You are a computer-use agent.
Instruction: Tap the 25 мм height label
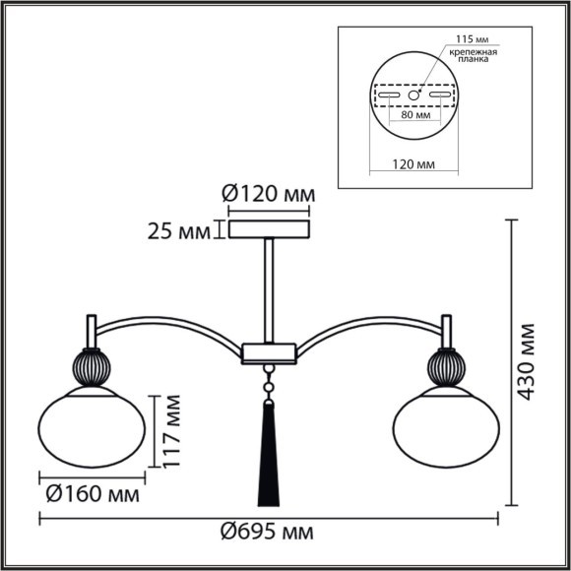click(178, 231)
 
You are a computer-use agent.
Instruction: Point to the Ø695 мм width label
click(268, 533)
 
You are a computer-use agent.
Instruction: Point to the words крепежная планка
click(475, 57)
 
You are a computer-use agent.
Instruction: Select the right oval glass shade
click(443, 425)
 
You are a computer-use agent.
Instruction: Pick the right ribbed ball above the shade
click(443, 366)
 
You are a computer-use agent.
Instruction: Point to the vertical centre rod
click(269, 290)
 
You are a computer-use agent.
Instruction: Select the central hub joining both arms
click(269, 350)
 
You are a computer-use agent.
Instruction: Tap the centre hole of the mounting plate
click(414, 95)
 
